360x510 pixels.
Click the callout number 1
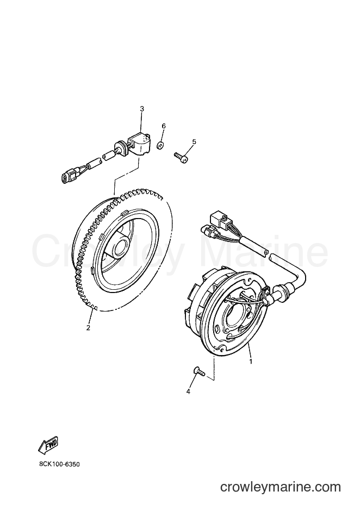[251, 361]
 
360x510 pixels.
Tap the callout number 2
[88, 327]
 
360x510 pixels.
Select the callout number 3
[142, 109]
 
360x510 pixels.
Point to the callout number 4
[188, 391]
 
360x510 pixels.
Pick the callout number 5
[194, 141]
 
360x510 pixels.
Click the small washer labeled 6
[159, 145]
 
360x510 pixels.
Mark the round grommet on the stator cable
[279, 290]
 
